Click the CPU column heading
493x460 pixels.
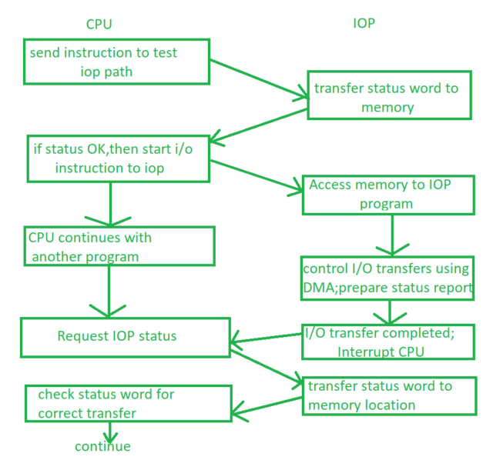tap(99, 24)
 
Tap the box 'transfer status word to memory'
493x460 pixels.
tap(388, 97)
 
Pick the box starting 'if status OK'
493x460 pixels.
tap(116, 158)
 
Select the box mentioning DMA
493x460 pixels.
tap(387, 278)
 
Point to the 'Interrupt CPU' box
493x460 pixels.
tap(386, 342)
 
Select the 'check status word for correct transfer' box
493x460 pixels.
tap(128, 404)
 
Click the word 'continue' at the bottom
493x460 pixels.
tap(102, 446)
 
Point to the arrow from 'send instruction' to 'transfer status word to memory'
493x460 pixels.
tap(257, 79)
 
